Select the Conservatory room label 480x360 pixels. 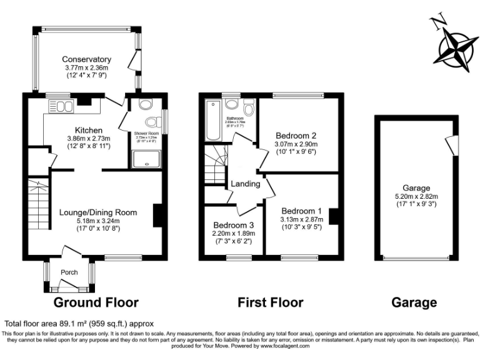(86, 59)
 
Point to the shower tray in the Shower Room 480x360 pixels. (146, 159)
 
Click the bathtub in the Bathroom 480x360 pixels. (211, 119)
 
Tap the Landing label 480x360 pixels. (245, 184)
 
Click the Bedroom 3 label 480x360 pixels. (233, 225)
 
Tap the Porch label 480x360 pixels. (69, 272)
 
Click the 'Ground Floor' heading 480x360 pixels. (96, 303)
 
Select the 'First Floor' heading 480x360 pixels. (271, 303)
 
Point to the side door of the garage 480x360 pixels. (450, 145)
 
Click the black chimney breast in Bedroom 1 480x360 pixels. (334, 216)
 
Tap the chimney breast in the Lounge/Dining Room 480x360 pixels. (157, 216)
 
